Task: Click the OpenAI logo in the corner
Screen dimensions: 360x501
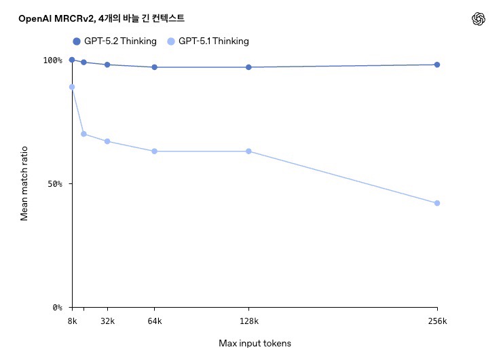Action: (x=479, y=20)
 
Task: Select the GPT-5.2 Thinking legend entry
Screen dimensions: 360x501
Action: (x=115, y=41)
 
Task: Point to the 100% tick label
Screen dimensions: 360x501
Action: (x=52, y=60)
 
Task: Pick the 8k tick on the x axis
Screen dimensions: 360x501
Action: (x=72, y=321)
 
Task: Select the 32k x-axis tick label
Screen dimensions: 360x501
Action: (x=107, y=321)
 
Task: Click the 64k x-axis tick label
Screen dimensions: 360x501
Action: (x=155, y=321)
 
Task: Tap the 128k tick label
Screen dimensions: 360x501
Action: (x=248, y=321)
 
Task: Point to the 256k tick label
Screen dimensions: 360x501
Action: (x=437, y=321)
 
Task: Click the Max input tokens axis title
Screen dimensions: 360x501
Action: (x=255, y=343)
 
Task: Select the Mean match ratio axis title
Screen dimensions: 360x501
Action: (x=24, y=183)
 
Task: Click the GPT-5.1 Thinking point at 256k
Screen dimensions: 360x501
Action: (x=437, y=203)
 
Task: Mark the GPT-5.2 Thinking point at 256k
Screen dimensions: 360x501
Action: (x=437, y=65)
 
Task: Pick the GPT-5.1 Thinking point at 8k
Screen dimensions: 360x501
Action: (x=72, y=87)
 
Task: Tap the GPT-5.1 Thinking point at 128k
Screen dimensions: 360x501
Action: (x=248, y=151)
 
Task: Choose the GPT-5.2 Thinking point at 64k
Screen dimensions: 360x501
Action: (x=155, y=67)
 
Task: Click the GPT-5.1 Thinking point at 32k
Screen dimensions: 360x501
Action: (x=107, y=141)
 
